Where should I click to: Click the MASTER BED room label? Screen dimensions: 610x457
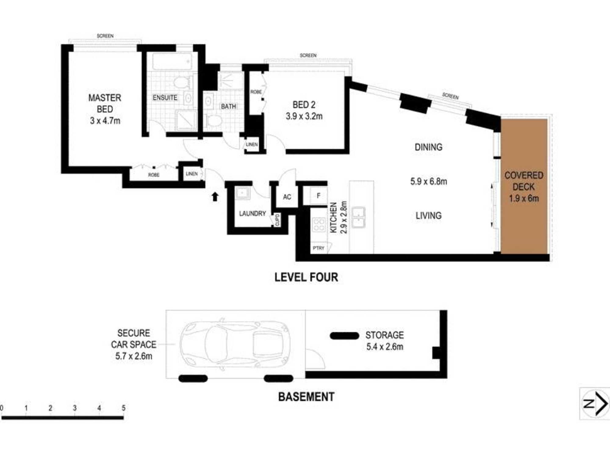pos(105,103)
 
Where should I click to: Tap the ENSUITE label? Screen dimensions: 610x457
pos(165,97)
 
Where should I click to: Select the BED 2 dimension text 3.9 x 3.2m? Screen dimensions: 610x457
pos(304,116)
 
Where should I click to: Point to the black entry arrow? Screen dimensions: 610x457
pos(215,197)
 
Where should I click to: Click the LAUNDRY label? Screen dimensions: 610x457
pos(253,213)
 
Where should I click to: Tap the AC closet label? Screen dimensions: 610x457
pos(287,197)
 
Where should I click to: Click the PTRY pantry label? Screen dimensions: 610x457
pos(318,248)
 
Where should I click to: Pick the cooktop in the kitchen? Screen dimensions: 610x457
pos(319,225)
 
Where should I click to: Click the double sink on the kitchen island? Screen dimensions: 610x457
pos(358,217)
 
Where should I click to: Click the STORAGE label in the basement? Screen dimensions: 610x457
pos(385,335)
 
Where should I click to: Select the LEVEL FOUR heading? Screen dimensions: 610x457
pos(306,277)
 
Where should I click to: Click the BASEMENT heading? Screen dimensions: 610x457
pos(306,397)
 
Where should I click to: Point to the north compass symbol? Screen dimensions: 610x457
pos(595,404)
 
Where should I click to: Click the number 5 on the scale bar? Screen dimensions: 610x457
pos(124,408)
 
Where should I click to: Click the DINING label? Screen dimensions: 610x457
pos(429,147)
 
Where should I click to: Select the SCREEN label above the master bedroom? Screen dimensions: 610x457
pos(105,36)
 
